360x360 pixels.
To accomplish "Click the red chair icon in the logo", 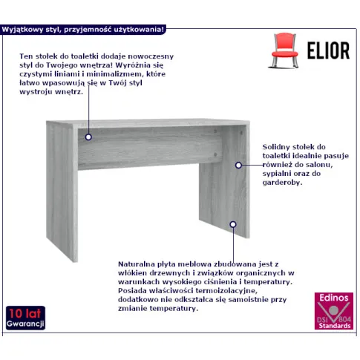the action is [284, 50].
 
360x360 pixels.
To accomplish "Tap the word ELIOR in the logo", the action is [328, 50].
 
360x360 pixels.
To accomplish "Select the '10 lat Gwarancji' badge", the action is [25, 318].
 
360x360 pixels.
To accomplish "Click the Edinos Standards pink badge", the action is [334, 311].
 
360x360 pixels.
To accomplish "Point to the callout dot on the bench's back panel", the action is [88, 137].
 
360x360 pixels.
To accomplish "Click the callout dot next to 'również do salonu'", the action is [238, 165].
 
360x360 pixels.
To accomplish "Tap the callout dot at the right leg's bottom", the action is [233, 224].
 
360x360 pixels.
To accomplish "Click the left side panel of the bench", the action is [62, 192].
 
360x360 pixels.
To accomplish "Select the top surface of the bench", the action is [148, 123].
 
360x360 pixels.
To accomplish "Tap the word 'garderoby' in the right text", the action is [282, 183].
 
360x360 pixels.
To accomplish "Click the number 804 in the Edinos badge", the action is [344, 319].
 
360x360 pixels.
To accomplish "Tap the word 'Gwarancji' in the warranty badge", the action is [25, 324].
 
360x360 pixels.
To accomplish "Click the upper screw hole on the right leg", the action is [241, 133].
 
